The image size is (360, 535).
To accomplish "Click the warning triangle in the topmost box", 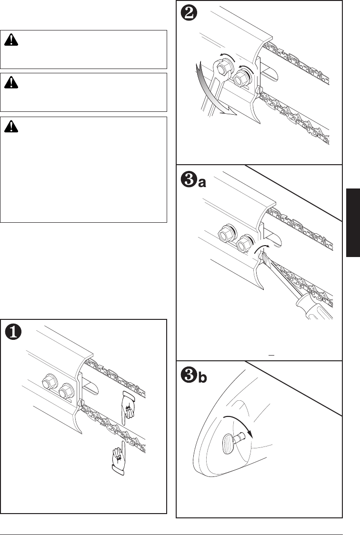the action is coord(10,40).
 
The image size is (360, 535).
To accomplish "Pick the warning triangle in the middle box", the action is coord(10,83).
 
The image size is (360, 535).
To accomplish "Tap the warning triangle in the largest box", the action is coord(10,127).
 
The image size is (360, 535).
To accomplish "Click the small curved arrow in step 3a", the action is coord(261,248).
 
